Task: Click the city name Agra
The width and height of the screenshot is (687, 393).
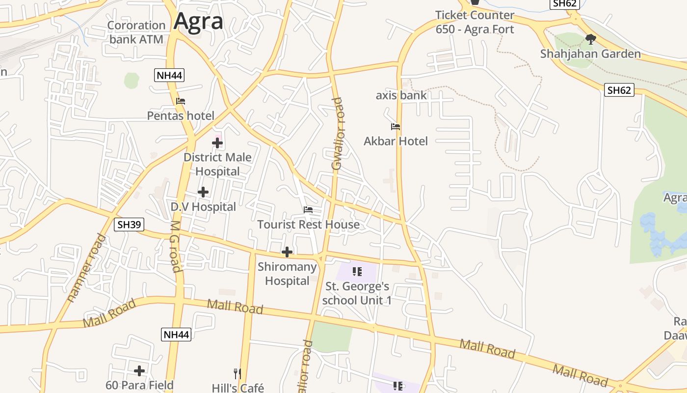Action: point(198,21)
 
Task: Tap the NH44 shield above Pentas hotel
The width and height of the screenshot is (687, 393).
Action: point(169,75)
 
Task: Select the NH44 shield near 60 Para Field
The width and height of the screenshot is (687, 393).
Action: point(176,335)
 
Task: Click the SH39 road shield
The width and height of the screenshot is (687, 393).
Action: point(129,225)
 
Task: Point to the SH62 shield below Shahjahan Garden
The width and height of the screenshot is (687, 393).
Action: point(619,90)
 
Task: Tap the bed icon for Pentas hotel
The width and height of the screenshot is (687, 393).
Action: point(181,101)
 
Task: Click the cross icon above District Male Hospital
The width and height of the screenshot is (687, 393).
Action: point(217,143)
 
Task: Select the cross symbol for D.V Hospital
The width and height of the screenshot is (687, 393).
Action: point(203,192)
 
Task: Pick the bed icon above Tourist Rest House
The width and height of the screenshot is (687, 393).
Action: point(308,210)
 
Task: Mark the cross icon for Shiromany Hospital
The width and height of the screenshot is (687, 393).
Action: point(287,253)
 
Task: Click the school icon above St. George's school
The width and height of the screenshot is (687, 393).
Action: point(357,271)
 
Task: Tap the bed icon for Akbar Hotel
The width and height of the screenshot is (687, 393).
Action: point(396,127)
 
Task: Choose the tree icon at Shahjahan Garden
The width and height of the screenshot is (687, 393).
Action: point(591,39)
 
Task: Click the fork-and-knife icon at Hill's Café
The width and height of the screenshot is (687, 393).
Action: point(238,374)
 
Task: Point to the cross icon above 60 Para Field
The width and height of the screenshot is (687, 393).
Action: point(139,370)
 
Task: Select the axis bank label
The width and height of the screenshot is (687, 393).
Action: point(401,95)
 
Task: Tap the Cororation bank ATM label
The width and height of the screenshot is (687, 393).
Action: point(136,32)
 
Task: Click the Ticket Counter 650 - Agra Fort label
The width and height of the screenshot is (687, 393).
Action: point(475,22)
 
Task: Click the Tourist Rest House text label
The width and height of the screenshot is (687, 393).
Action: point(308,225)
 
